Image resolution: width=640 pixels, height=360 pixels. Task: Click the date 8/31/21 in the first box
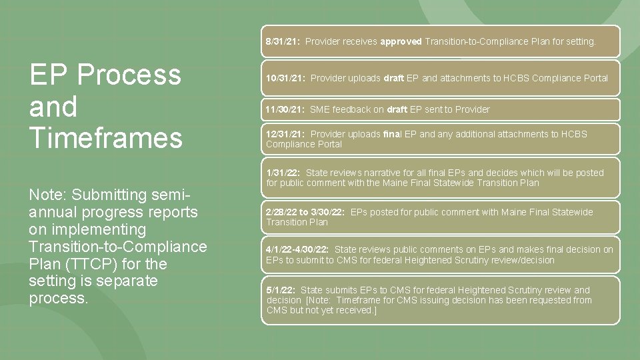[x=283, y=41]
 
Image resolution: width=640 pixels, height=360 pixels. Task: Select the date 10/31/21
[x=285, y=78]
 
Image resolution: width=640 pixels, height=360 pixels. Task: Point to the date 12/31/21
[x=285, y=134]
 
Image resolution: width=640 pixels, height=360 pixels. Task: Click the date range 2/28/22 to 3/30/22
[x=305, y=212]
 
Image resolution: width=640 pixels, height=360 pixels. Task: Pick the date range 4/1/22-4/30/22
[x=297, y=249]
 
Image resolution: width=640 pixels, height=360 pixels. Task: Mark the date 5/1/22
[x=280, y=290]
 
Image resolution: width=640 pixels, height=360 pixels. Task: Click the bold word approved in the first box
[x=401, y=41]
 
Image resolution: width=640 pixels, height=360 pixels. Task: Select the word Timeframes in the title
[x=105, y=137]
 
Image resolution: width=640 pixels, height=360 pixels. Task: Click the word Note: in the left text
[x=48, y=195]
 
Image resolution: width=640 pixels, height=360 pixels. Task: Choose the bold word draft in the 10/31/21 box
[x=393, y=78]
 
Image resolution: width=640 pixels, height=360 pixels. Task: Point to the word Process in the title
[x=137, y=75]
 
